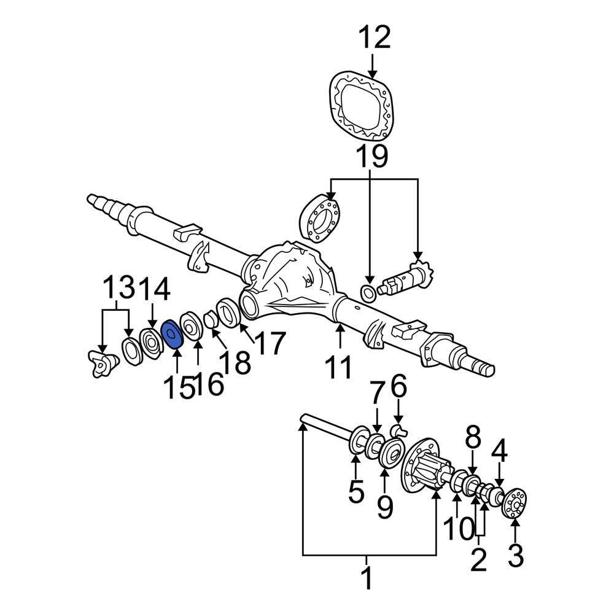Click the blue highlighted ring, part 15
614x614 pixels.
pyautogui.click(x=171, y=335)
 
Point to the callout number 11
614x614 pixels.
pyautogui.click(x=338, y=368)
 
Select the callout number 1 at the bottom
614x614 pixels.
pyautogui.click(x=367, y=578)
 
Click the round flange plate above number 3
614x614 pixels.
pyautogui.click(x=515, y=502)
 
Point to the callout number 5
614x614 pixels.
pyautogui.click(x=356, y=492)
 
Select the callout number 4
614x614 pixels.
pyautogui.click(x=499, y=450)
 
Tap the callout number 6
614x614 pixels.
pyautogui.click(x=399, y=389)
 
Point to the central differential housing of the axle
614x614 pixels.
pyautogui.click(x=289, y=276)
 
